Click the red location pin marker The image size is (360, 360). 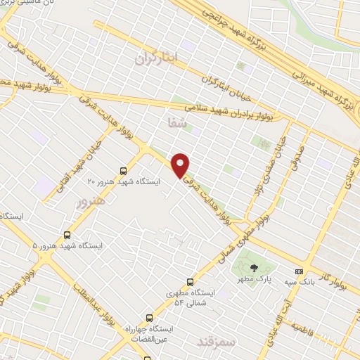[x=181, y=165]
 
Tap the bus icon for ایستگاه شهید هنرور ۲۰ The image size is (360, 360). [x=124, y=170]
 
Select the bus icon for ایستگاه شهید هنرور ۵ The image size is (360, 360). [x=67, y=235]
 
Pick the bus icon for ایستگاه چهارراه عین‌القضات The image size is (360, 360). [x=148, y=318]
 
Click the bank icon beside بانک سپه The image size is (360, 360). [x=300, y=271]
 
